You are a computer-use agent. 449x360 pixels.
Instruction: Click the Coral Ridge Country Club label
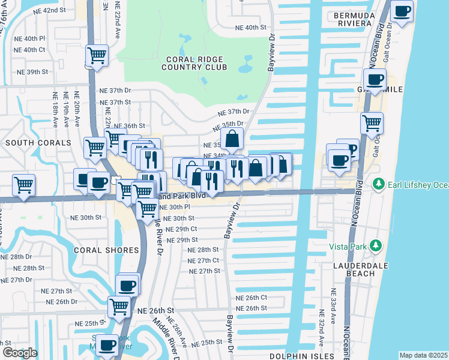[194, 63]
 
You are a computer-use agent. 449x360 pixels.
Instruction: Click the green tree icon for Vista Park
[376, 245]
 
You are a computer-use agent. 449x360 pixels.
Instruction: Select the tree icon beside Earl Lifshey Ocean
[378, 183]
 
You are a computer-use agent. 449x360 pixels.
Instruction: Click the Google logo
[20, 352]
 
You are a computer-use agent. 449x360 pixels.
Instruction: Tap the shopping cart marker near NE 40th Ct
[97, 56]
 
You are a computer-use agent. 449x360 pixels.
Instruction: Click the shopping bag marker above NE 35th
[232, 139]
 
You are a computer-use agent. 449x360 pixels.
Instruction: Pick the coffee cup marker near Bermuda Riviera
[402, 10]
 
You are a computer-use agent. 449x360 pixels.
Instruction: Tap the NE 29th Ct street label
[181, 229]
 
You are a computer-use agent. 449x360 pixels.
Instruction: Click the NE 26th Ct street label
[251, 298]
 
